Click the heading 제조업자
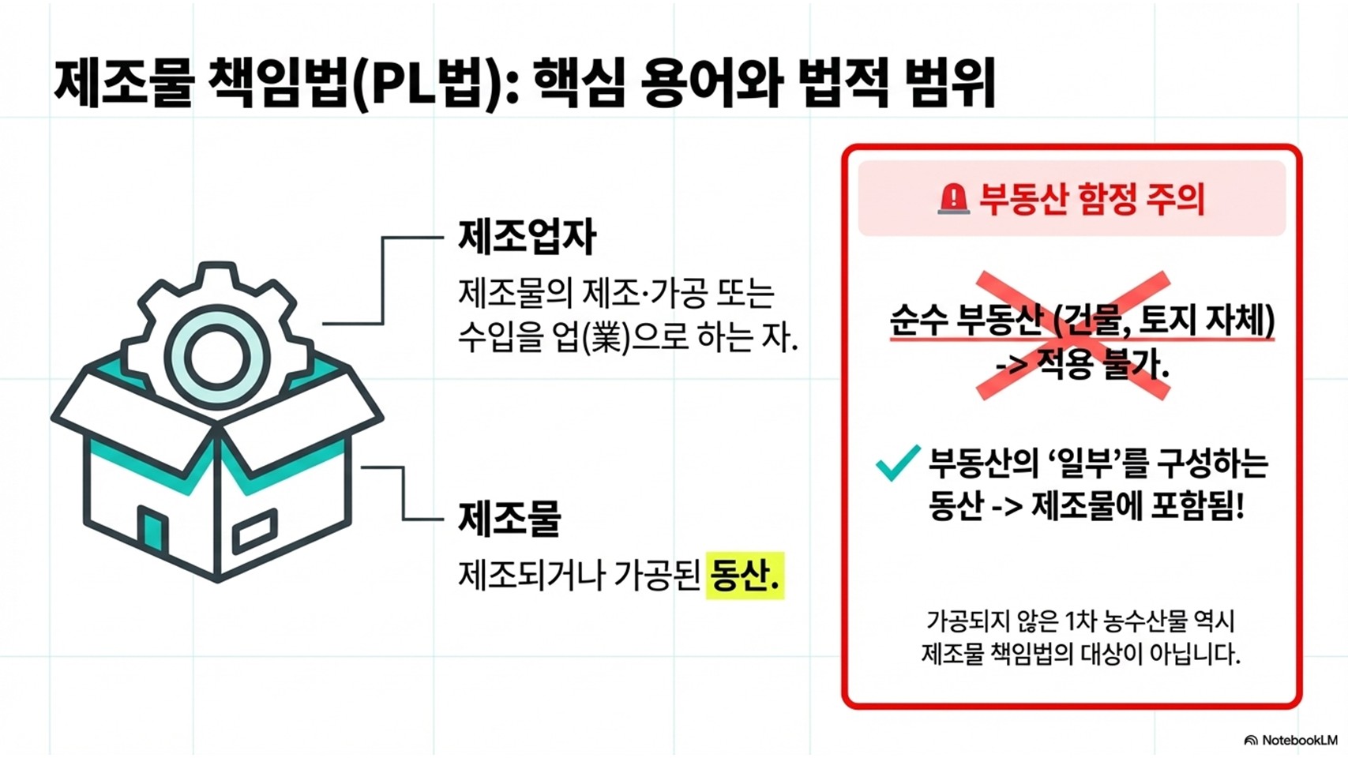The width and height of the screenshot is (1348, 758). (x=527, y=236)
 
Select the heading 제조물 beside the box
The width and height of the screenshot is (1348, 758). (x=509, y=518)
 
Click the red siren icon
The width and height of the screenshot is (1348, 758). (x=953, y=199)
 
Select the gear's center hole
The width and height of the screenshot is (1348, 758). (x=216, y=357)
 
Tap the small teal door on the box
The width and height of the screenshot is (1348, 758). (x=152, y=529)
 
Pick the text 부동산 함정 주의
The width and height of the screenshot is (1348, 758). (x=1091, y=199)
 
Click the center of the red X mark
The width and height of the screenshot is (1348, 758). (x=1073, y=336)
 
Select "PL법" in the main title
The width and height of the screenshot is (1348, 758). (x=426, y=83)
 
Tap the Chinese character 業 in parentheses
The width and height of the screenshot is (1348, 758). (x=606, y=338)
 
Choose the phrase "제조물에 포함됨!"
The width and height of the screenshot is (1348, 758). (x=1138, y=506)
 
